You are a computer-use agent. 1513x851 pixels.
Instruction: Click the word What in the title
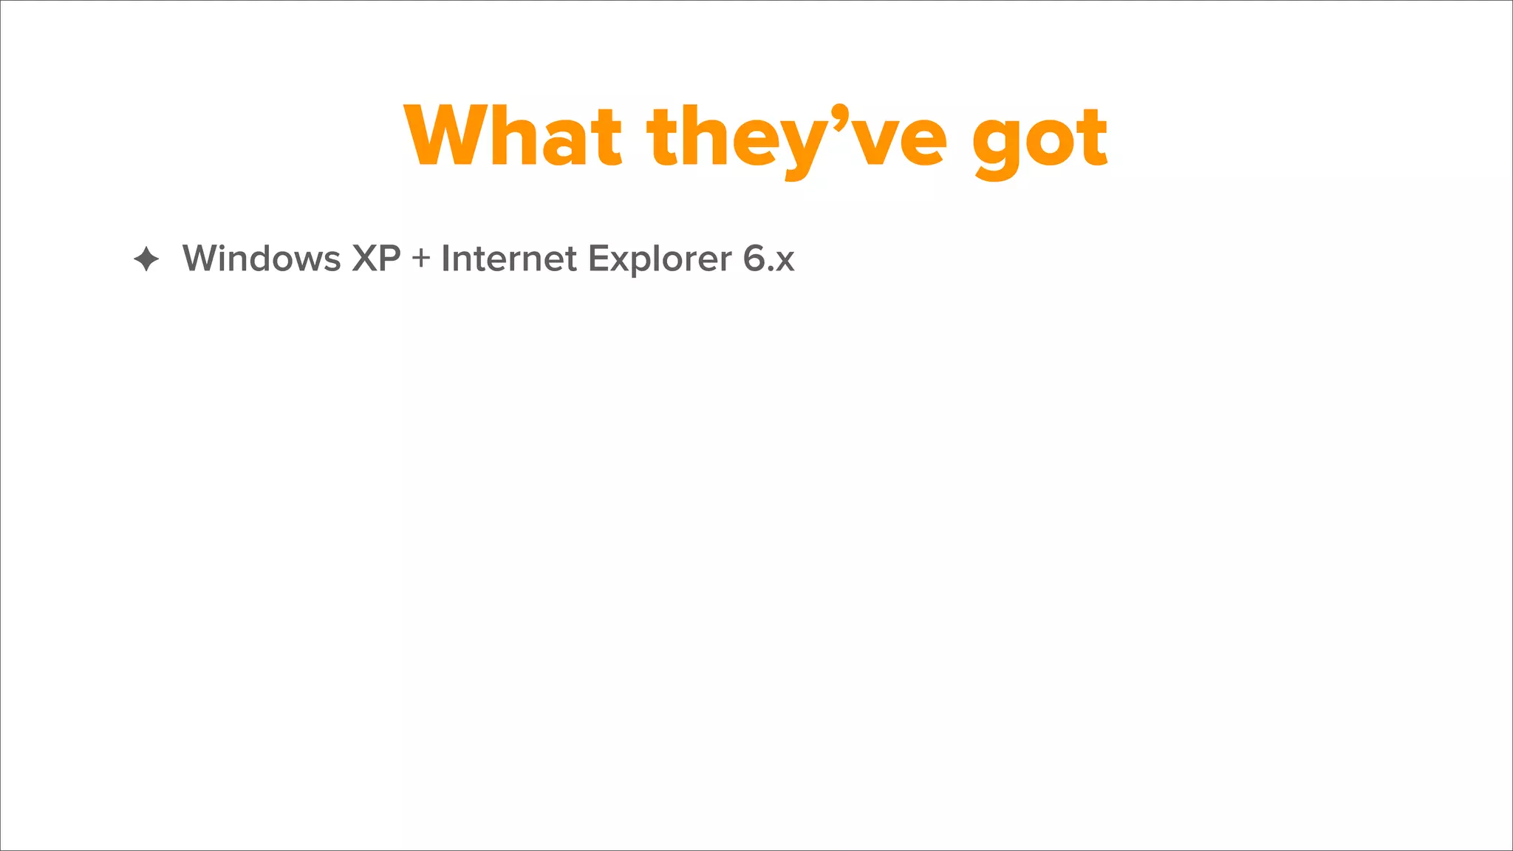(x=513, y=137)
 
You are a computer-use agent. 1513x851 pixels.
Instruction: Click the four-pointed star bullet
(x=146, y=259)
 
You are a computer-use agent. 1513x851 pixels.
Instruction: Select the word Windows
(x=262, y=259)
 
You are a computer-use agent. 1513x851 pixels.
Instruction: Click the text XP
(x=376, y=259)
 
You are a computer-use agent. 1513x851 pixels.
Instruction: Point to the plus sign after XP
(x=421, y=259)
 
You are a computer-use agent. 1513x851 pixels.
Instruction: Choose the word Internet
(x=509, y=259)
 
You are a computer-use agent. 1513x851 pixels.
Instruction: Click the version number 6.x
(x=768, y=259)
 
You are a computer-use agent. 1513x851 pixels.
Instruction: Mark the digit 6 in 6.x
(x=754, y=259)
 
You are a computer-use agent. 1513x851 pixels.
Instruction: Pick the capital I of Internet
(x=445, y=259)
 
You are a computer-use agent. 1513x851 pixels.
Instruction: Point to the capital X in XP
(x=365, y=259)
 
